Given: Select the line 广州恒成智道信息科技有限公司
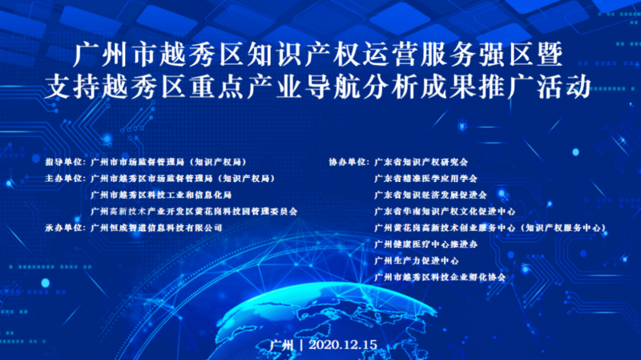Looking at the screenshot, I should tap(156, 228).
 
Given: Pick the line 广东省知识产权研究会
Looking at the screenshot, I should tap(421, 161).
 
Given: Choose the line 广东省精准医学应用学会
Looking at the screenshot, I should tap(425, 178).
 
